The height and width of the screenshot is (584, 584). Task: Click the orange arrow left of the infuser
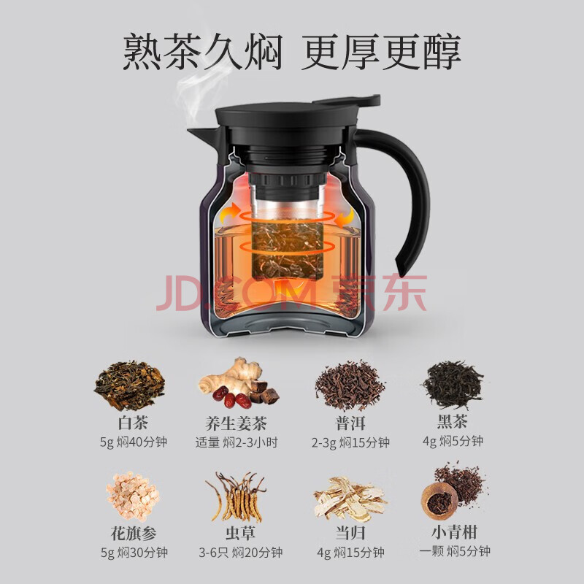[x=230, y=212]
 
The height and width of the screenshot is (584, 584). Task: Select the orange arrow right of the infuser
[x=345, y=218]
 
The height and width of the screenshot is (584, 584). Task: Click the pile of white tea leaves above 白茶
[x=129, y=385]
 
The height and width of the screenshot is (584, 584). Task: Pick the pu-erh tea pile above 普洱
[x=350, y=385]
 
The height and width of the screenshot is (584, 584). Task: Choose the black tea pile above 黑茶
[x=453, y=384]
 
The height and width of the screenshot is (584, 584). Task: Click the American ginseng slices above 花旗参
[x=133, y=496]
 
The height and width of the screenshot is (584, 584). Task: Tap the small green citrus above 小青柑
[x=440, y=501]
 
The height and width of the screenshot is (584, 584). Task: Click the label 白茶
[x=133, y=423]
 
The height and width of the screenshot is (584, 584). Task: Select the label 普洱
[x=350, y=423]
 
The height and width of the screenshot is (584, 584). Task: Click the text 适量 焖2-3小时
[x=237, y=442]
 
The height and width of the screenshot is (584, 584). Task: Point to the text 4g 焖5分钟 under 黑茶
[x=453, y=441]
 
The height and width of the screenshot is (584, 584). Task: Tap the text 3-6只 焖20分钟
[x=240, y=552]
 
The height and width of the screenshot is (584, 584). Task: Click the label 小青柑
[x=454, y=532]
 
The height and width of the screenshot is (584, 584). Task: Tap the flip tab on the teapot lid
[x=348, y=100]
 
